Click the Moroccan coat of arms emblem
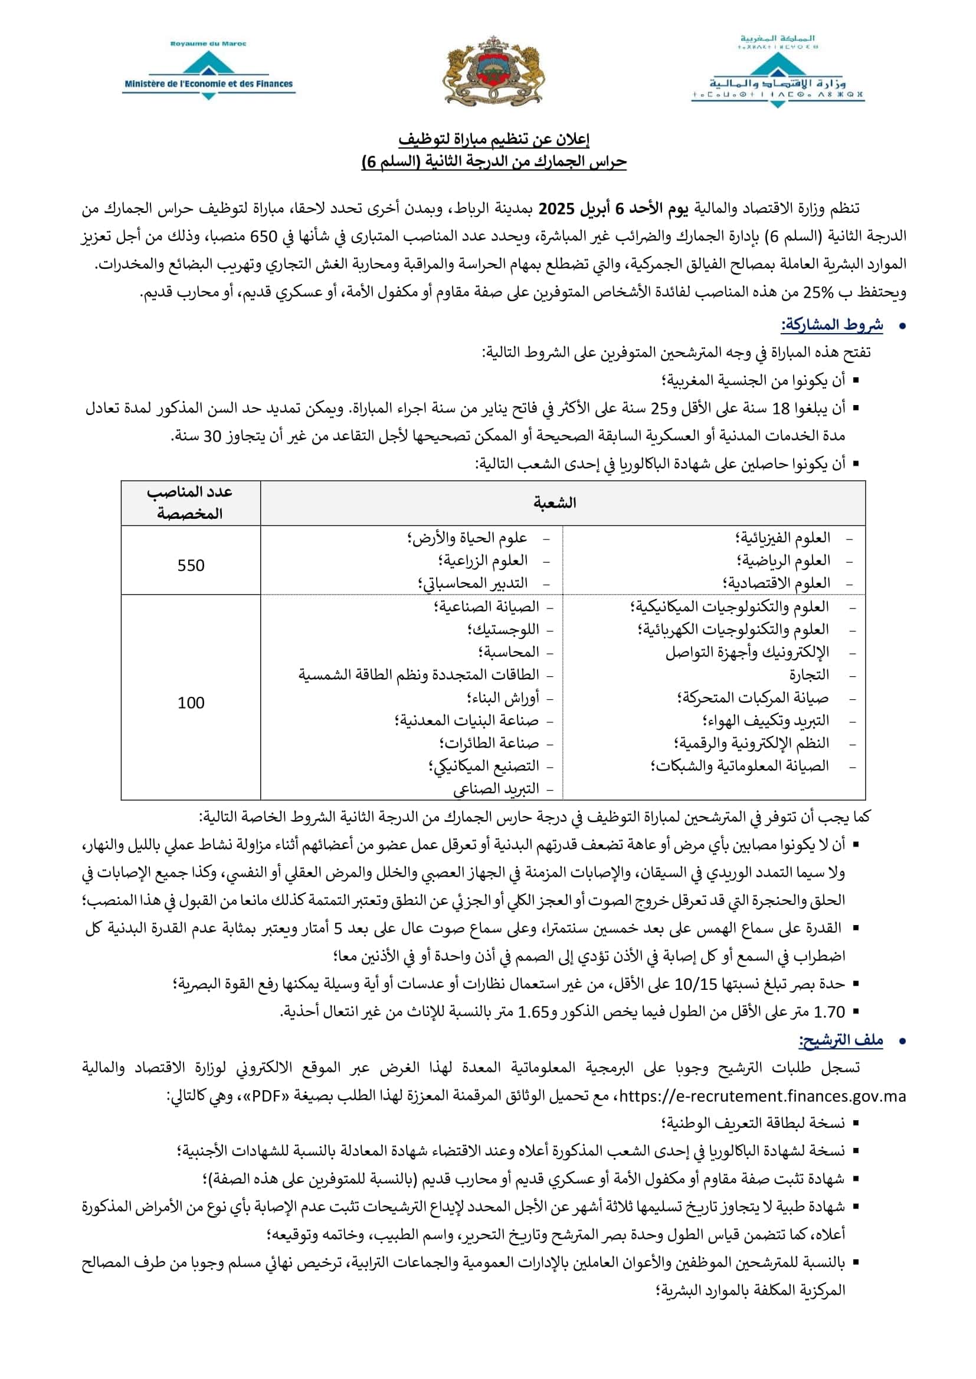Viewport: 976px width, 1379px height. tap(493, 71)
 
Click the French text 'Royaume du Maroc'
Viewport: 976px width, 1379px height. tap(208, 44)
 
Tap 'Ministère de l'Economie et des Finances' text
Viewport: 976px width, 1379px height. tap(208, 84)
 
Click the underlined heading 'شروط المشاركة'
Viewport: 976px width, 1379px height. tap(832, 325)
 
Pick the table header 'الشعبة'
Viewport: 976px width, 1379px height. tap(554, 503)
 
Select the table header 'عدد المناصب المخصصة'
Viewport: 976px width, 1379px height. tap(190, 503)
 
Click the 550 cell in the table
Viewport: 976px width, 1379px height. tap(191, 565)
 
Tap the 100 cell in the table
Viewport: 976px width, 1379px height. tap(191, 703)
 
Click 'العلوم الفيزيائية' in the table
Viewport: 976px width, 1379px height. tap(782, 538)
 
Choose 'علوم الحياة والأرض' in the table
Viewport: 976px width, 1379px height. tap(467, 538)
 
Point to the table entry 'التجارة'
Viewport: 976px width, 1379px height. tap(809, 675)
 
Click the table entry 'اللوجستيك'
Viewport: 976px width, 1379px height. tap(503, 630)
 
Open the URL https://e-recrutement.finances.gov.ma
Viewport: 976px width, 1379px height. tap(762, 1096)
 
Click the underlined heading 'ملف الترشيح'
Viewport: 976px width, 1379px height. tap(841, 1039)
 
